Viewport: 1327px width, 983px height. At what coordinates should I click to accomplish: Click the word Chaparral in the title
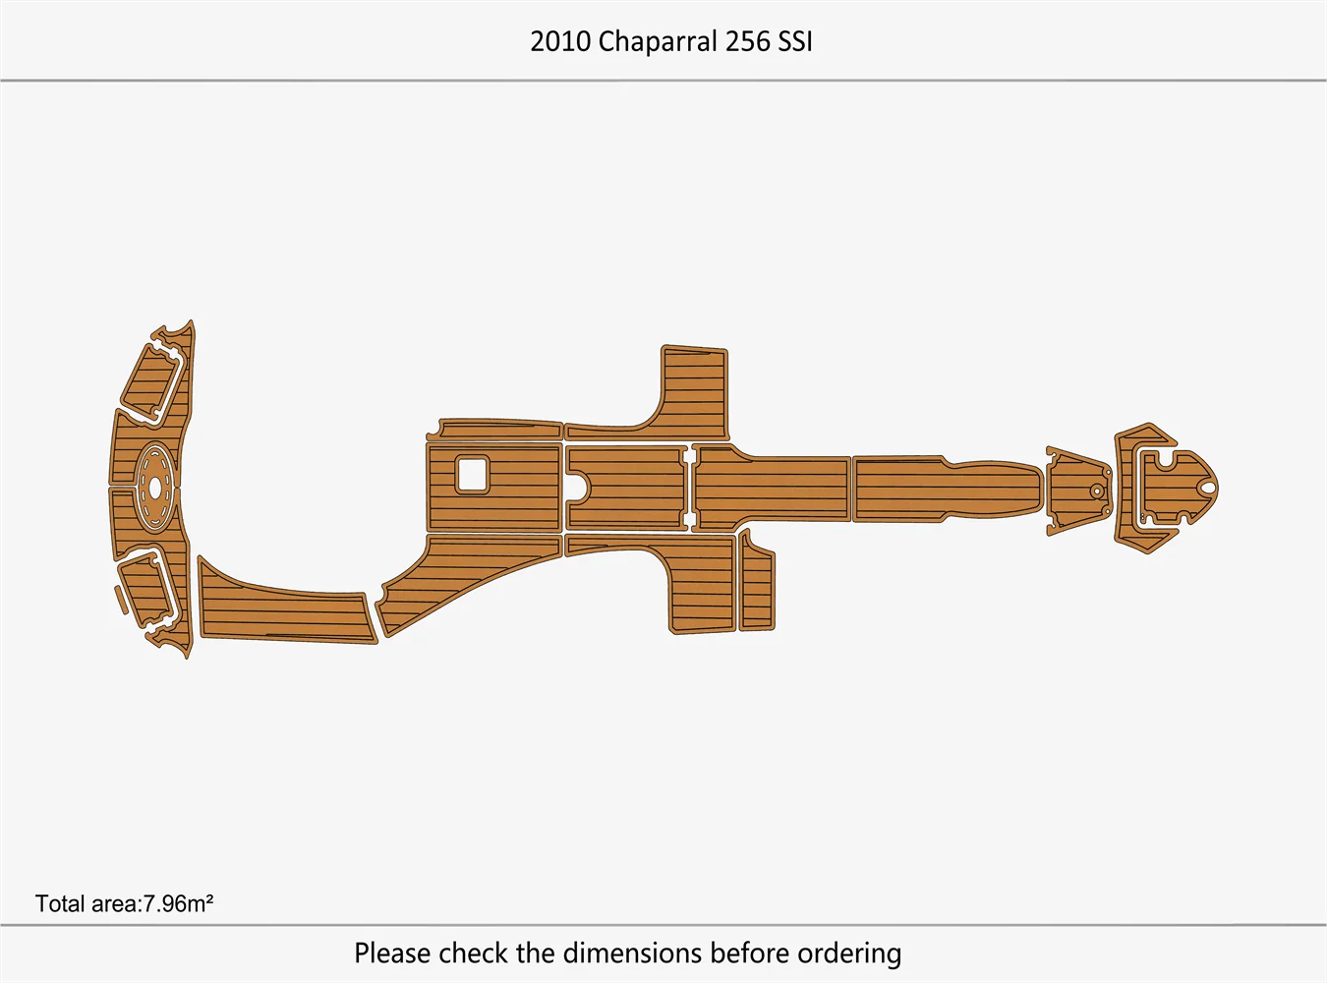click(x=657, y=41)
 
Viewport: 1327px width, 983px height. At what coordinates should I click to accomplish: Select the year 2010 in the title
click(x=560, y=41)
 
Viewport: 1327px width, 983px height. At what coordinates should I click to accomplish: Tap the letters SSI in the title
click(x=795, y=41)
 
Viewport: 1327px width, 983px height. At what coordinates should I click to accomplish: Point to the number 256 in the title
click(x=747, y=41)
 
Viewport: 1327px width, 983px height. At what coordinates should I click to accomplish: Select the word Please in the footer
click(x=392, y=953)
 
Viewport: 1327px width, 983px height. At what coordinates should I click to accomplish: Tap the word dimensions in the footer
click(x=632, y=953)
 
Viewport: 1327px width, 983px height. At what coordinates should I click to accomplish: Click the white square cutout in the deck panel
click(x=472, y=475)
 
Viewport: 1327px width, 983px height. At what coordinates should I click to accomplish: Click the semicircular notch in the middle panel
click(x=581, y=486)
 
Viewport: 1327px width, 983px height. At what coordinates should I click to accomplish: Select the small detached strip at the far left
click(x=120, y=599)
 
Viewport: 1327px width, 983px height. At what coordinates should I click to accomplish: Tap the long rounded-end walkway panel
click(x=944, y=488)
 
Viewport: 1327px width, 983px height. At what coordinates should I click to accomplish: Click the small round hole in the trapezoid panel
click(x=1096, y=490)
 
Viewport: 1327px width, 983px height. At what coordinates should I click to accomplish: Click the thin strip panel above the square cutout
click(x=499, y=430)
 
